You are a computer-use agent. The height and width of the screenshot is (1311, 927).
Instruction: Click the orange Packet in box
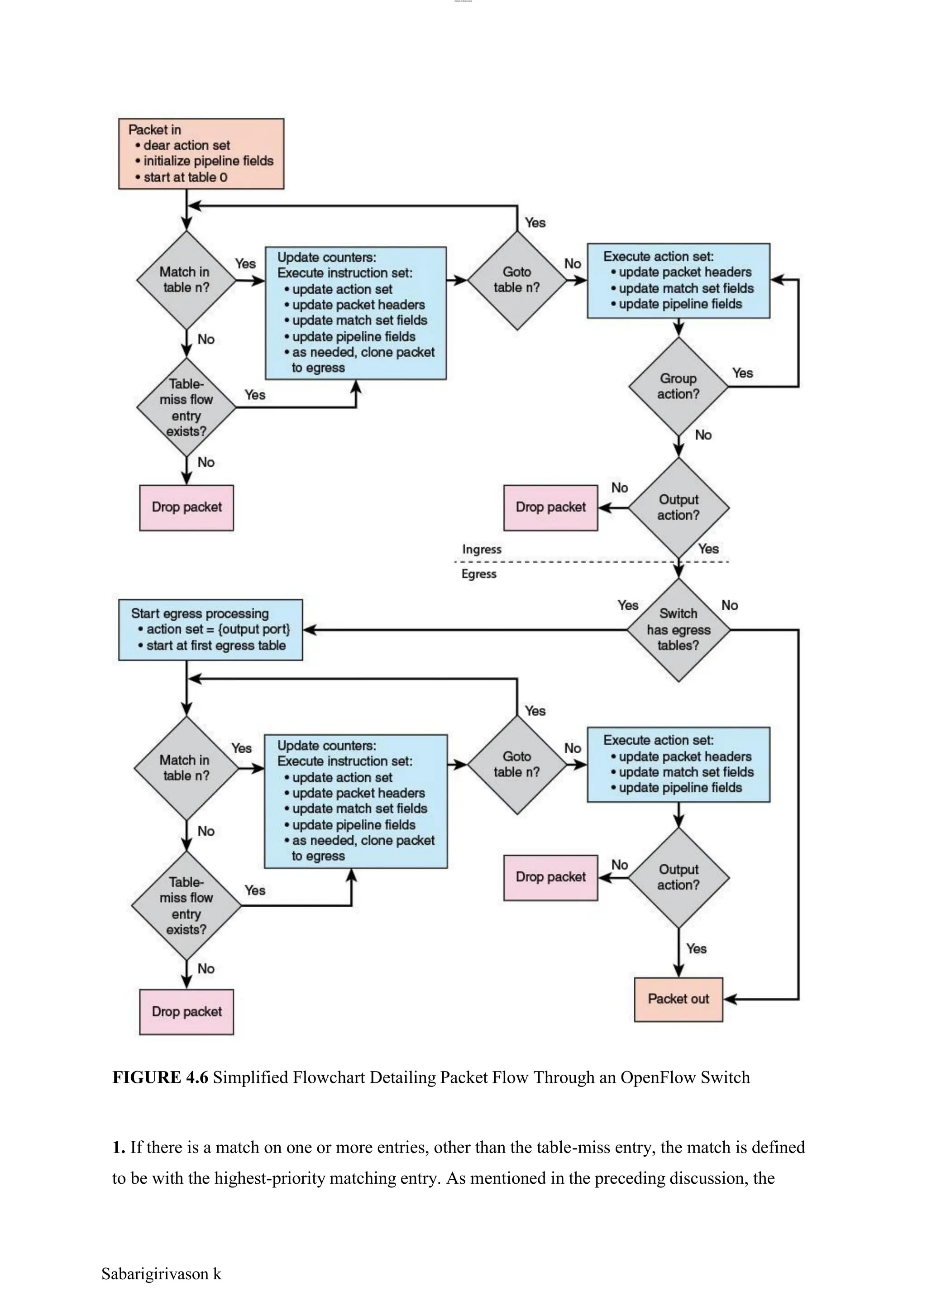click(201, 153)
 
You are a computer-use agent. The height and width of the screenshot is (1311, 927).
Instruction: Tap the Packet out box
click(678, 999)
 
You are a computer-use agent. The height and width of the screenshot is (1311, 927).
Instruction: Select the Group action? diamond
click(678, 387)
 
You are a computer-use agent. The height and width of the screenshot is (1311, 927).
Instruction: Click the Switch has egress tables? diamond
click(678, 630)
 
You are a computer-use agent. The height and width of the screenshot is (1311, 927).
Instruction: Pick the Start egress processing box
click(210, 630)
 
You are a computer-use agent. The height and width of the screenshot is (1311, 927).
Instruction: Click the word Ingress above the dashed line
click(481, 549)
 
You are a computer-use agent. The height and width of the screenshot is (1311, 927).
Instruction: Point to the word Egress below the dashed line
click(478, 574)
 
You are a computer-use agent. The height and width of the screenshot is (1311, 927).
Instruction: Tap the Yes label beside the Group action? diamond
click(742, 373)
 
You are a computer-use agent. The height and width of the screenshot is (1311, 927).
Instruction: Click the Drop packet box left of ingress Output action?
click(550, 507)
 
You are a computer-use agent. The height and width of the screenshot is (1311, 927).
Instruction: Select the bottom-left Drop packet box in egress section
click(186, 1011)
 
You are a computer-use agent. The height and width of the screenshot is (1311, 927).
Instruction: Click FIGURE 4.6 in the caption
click(160, 1077)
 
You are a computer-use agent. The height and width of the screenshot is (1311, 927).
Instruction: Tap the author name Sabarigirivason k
click(161, 1274)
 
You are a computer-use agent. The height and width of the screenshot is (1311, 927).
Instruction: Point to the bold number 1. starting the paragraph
click(119, 1147)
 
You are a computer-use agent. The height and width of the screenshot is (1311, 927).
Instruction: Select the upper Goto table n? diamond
click(516, 280)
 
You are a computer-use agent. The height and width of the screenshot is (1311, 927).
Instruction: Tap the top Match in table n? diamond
click(186, 280)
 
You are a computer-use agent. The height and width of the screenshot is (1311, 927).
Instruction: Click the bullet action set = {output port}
click(218, 629)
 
